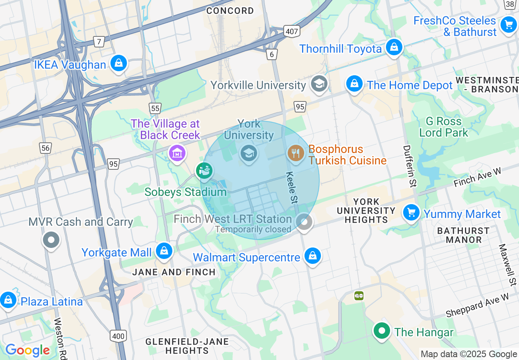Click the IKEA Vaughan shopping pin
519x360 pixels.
pos(118,63)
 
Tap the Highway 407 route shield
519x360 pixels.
pos(292,32)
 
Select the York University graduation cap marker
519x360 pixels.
pos(248,153)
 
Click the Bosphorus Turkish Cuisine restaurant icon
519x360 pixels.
pos(295,153)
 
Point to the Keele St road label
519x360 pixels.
pos(291,188)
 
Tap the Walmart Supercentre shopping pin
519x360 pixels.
pos(313,256)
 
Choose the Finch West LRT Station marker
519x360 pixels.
pos(304,222)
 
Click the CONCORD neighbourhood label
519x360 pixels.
pos(230,11)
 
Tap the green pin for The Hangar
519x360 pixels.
pos(382,331)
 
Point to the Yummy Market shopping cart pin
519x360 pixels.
pos(411,213)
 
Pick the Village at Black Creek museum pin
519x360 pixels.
pos(177,153)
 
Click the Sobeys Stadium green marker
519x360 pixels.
pos(204,170)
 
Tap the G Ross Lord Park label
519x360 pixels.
pos(444,127)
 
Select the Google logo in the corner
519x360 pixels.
pos(27,350)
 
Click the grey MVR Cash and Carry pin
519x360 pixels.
pos(51,239)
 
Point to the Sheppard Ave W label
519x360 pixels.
pos(477,305)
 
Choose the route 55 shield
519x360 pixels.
pos(155,108)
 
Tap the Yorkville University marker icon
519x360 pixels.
pos(318,83)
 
